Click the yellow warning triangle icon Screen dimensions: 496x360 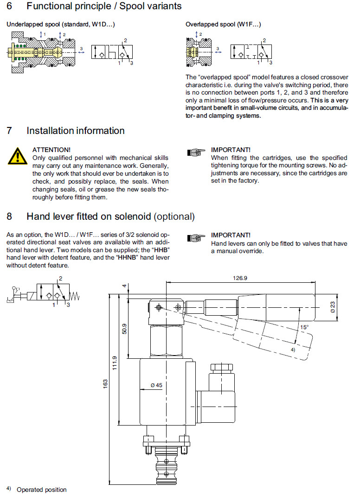[x=17, y=157]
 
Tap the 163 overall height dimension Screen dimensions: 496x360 [x=105, y=384]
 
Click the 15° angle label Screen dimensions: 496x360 [x=303, y=327]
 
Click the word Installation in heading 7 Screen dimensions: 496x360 [x=50, y=131]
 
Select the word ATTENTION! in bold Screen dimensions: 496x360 [x=51, y=150]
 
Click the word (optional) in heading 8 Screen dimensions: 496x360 [x=174, y=216]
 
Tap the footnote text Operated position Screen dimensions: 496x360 [x=42, y=490]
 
